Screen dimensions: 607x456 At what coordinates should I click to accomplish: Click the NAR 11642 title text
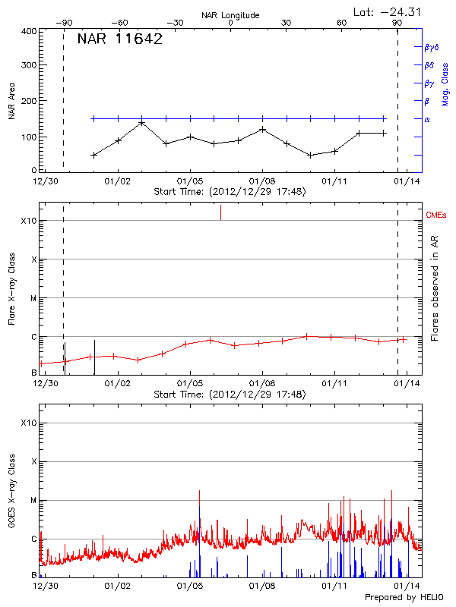pos(119,40)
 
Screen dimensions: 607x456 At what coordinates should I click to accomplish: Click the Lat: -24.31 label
pos(388,11)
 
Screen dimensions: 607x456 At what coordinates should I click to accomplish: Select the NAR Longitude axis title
pos(230,15)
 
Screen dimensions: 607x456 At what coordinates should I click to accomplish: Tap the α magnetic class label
pos(427,119)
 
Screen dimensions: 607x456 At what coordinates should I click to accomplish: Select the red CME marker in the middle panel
pos(220,212)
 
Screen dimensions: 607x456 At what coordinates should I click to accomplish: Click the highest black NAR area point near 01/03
pos(142,123)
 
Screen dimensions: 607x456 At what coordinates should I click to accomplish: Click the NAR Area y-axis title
pos(12,102)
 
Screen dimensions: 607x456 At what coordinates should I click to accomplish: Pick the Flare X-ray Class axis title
pos(12,288)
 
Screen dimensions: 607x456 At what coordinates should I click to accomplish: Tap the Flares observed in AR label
pos(435,288)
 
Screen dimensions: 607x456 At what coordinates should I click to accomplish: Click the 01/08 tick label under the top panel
pos(262,181)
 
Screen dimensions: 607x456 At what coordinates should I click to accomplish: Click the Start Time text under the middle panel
pos(230,395)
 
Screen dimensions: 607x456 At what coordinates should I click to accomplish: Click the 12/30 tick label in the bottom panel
pos(46,586)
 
